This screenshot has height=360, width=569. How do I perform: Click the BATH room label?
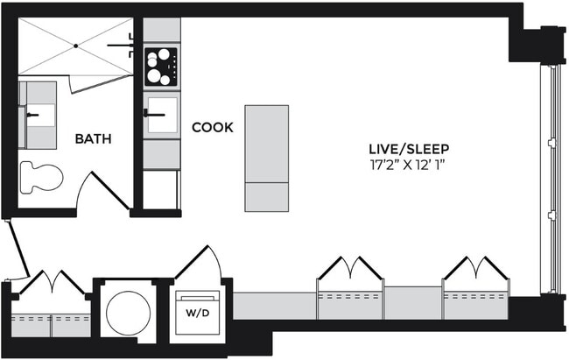point(92,138)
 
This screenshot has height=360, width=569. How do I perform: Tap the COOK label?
point(213,128)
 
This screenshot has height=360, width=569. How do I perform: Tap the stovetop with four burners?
point(161,67)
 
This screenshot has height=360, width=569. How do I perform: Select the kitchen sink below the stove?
point(161,115)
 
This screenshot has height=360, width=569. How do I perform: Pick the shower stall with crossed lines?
point(74,46)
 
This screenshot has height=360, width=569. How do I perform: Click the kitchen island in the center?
point(266,158)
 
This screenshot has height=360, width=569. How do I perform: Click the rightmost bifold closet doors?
point(475,268)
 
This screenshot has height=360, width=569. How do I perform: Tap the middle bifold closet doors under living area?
point(350,268)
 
